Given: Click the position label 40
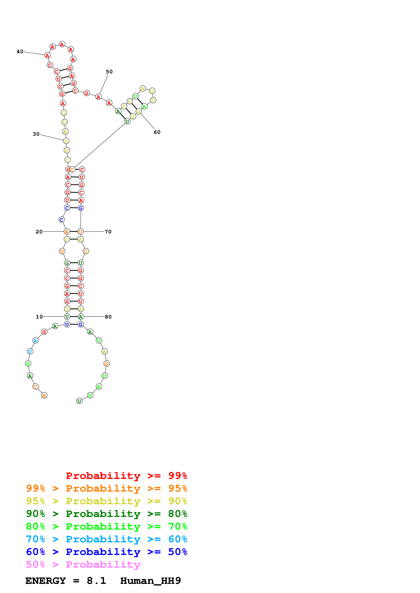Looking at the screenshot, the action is coord(20,52).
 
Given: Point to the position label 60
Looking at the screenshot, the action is coord(157,132).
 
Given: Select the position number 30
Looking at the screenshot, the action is coord(36,134).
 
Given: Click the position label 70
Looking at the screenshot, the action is coord(108,232).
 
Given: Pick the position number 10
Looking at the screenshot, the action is coord(39,317).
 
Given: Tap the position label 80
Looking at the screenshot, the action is coord(108,317).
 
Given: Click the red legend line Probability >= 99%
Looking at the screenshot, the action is coord(126,476).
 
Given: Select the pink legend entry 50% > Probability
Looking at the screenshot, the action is coord(83,565).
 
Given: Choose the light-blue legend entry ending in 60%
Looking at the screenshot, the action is coord(106,539).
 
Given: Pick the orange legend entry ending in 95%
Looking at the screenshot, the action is coord(106,488).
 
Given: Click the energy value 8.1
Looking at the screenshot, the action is coord(96,581).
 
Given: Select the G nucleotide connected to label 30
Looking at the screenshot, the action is coord(66,141).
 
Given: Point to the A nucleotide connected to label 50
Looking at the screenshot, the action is coord(98,97).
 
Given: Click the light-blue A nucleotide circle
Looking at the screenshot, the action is coord(35,340).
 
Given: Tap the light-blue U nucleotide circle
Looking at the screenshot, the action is coord(30,351).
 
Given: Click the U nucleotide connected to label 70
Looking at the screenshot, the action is coord(80,232).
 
